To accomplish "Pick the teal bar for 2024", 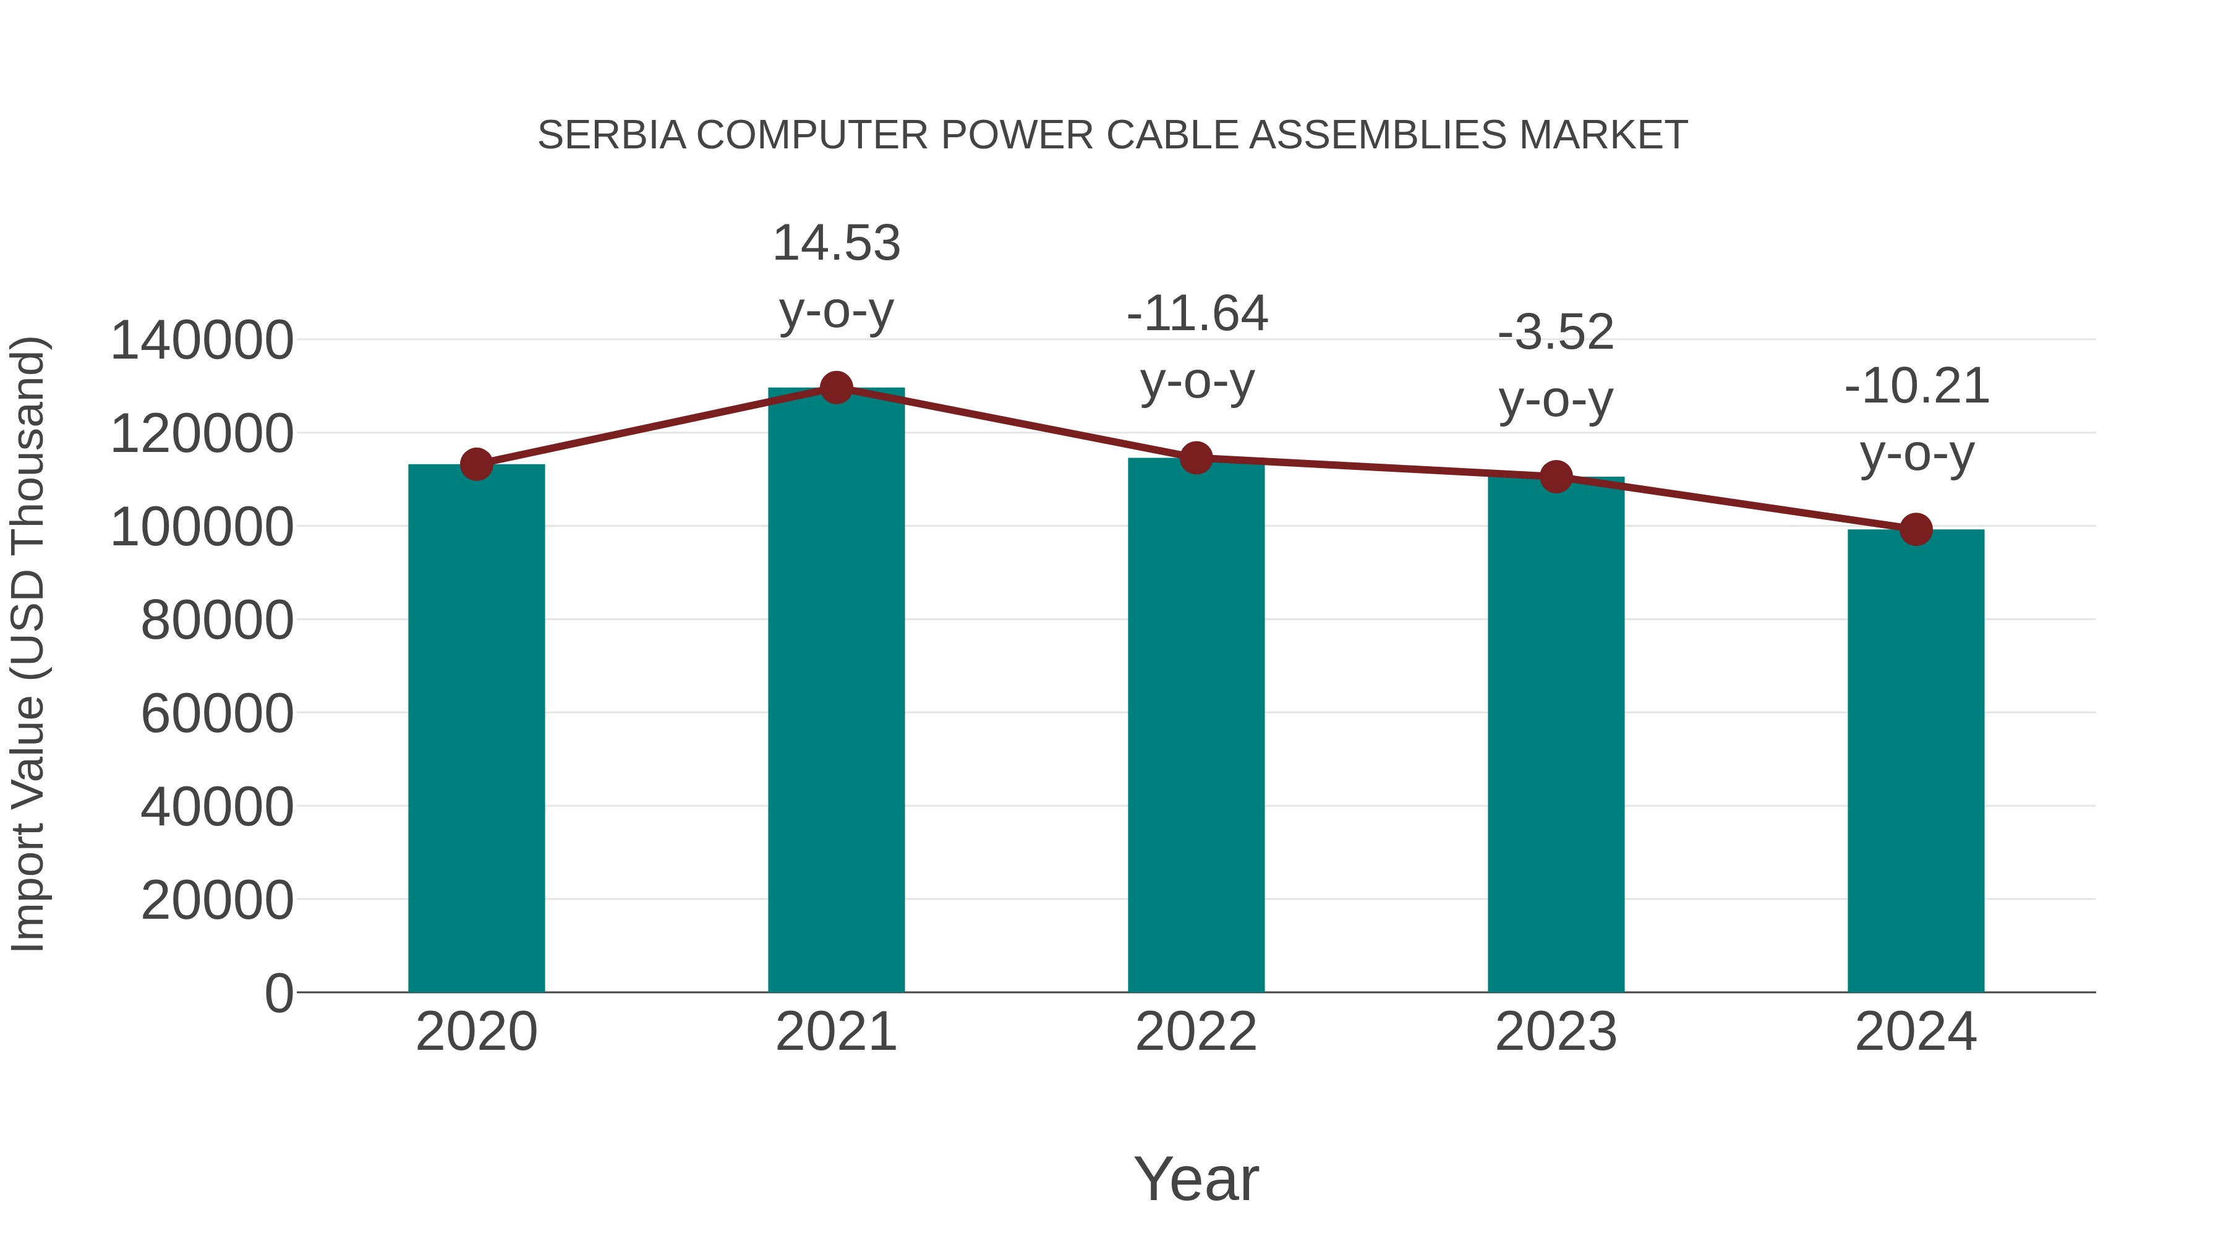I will pos(1915,760).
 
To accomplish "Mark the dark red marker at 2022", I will pos(1196,458).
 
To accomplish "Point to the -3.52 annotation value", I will pos(1556,333).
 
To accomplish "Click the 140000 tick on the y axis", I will pos(202,341).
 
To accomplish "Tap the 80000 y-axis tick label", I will pos(217,620).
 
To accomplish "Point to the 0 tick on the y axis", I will pos(278,993).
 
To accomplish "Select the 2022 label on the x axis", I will pos(1196,1032).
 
